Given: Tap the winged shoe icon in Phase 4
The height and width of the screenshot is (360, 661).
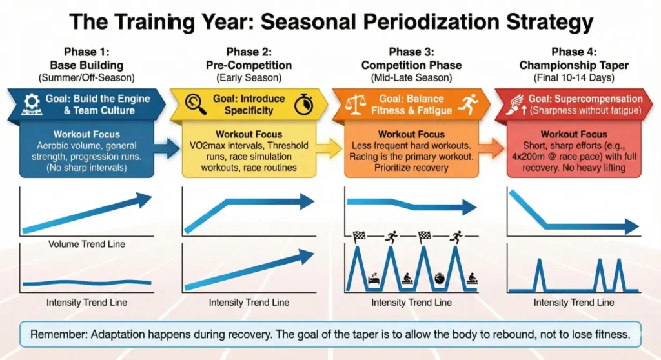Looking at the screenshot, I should pyautogui.click(x=513, y=104).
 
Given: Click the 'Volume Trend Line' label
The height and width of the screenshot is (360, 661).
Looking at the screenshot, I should pyautogui.click(x=86, y=244).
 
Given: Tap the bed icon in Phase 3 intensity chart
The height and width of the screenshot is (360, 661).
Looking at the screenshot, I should pyautogui.click(x=372, y=279).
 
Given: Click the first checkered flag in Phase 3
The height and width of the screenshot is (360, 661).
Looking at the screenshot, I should pyautogui.click(x=358, y=236).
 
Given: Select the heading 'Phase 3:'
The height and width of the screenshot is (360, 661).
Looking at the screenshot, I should pyautogui.click(x=411, y=52).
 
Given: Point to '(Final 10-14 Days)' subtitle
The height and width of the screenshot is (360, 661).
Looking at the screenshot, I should pyautogui.click(x=574, y=78).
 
